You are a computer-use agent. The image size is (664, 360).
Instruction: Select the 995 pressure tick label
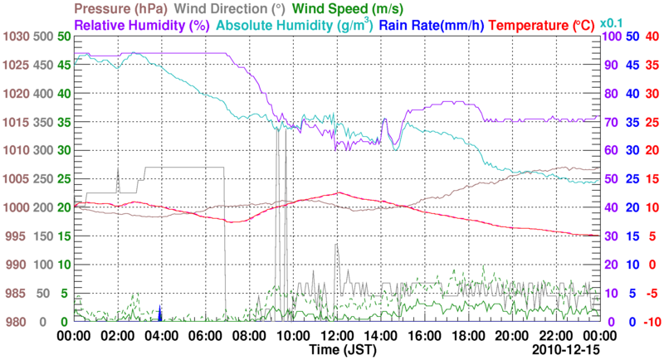coord(17,236)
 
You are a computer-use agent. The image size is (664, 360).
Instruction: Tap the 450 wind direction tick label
coord(41,66)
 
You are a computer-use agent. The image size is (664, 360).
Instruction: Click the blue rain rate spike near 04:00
coord(160,314)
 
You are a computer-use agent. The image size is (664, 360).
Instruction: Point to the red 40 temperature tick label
coord(652,37)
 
